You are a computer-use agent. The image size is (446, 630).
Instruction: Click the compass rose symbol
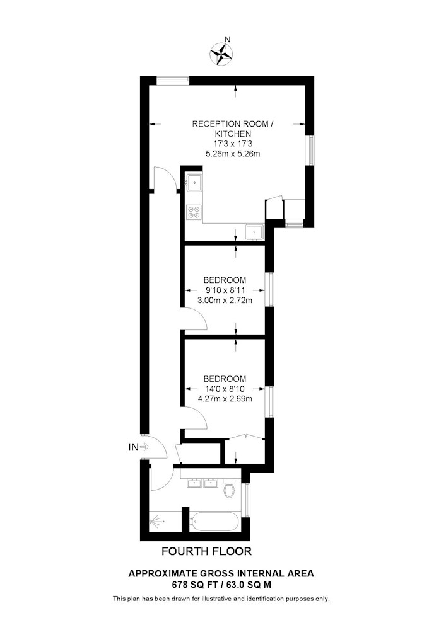(x=221, y=54)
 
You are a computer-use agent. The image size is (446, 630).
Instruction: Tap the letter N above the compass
(x=227, y=39)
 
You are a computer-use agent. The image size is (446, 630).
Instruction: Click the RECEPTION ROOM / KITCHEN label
(x=232, y=129)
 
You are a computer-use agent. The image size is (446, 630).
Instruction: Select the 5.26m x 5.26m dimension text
(x=232, y=154)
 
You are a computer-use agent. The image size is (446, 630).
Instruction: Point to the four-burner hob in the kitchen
(x=194, y=212)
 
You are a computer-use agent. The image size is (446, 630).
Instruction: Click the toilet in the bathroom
(x=229, y=488)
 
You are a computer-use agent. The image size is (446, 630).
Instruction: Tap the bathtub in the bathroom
(x=215, y=523)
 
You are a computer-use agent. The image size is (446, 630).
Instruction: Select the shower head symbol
(x=156, y=522)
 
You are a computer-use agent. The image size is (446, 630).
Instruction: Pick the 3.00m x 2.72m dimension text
(x=225, y=300)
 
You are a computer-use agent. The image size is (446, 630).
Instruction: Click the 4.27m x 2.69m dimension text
(x=225, y=399)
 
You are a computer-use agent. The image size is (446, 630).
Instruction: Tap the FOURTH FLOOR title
(x=207, y=552)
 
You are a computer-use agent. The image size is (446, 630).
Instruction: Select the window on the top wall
(x=173, y=81)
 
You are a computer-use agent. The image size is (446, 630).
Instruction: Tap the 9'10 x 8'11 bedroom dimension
(x=225, y=290)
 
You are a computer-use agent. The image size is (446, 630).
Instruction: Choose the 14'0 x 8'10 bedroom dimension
(x=225, y=389)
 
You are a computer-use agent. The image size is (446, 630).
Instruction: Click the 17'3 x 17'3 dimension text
(x=232, y=144)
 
